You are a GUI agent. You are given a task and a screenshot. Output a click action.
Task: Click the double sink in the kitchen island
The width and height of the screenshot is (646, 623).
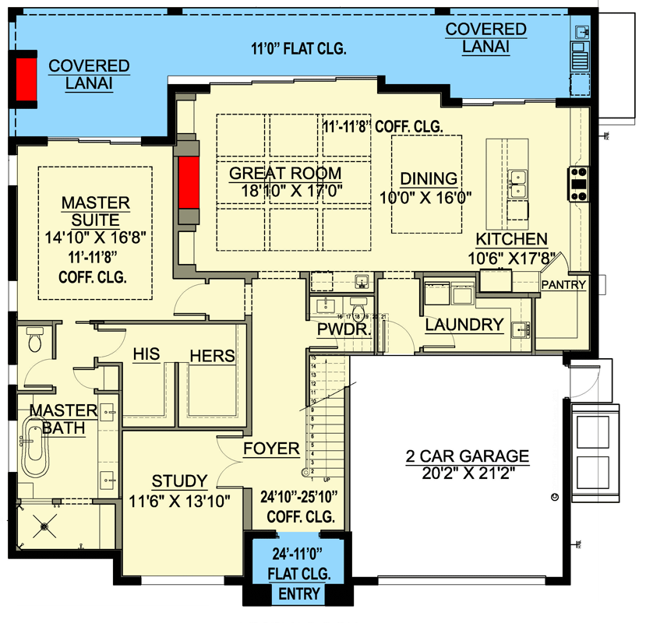[517, 184]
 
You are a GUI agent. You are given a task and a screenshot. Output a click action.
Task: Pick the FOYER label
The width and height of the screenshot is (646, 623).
[270, 449]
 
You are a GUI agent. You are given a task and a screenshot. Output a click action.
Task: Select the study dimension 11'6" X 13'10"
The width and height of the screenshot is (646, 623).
[179, 501]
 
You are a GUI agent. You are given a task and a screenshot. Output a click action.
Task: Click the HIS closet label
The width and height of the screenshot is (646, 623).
[146, 354]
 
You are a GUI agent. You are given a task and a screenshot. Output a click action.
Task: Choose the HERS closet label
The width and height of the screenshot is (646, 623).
[212, 355]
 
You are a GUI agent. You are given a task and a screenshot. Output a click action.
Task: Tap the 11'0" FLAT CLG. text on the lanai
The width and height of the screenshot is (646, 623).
[300, 49]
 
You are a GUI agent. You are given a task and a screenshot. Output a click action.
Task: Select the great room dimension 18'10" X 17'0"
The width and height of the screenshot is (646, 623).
[285, 190]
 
